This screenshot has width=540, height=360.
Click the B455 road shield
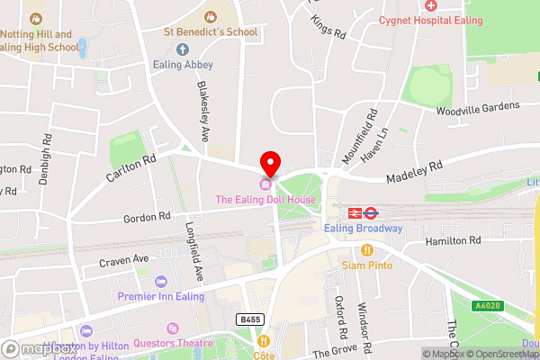coord(252,319)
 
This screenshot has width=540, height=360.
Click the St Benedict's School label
coord(211,32)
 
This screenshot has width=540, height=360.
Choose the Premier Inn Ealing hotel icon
coord(160,282)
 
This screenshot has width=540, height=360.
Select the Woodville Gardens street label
coord(478,106)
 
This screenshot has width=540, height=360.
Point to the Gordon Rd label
coord(146,217)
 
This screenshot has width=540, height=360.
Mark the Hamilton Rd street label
coord(453,241)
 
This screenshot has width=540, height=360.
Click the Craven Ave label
coord(128,259)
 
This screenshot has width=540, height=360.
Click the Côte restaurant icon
coord(264,341)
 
